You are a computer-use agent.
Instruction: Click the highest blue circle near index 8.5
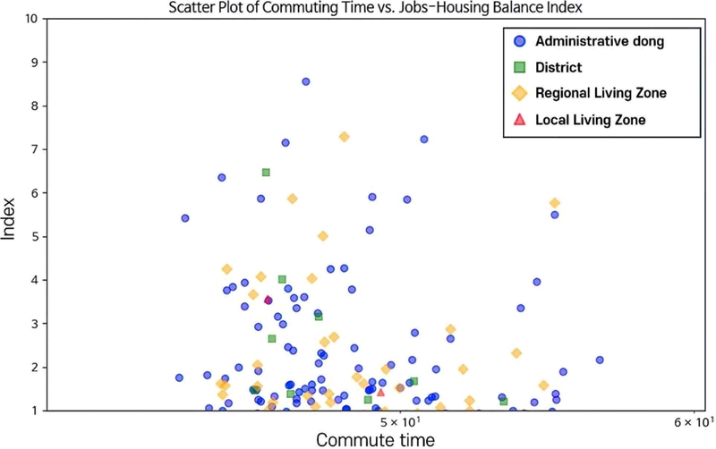[305, 81]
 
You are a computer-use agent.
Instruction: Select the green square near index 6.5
[266, 173]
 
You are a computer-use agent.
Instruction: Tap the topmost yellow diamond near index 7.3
[344, 137]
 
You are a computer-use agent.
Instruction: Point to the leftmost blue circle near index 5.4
[185, 218]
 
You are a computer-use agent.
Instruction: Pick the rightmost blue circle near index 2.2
[600, 360]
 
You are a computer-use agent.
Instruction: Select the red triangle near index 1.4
[380, 392]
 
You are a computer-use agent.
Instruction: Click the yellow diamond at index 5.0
[323, 236]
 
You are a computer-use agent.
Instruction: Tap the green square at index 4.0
[282, 280]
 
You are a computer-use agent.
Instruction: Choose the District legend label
[558, 67]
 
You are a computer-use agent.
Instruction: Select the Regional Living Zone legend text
[601, 93]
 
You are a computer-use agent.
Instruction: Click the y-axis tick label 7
[34, 149]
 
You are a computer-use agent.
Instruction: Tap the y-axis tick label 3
[34, 324]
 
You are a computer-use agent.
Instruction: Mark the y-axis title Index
[11, 215]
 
